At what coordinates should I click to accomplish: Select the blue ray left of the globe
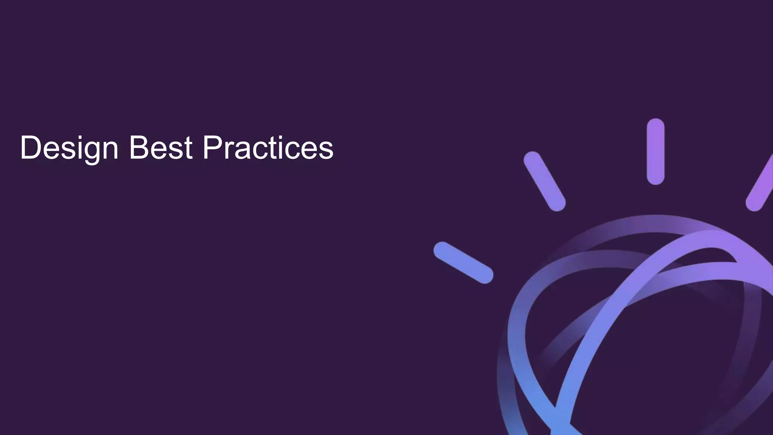(x=463, y=262)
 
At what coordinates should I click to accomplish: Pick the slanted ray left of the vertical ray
(x=544, y=181)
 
